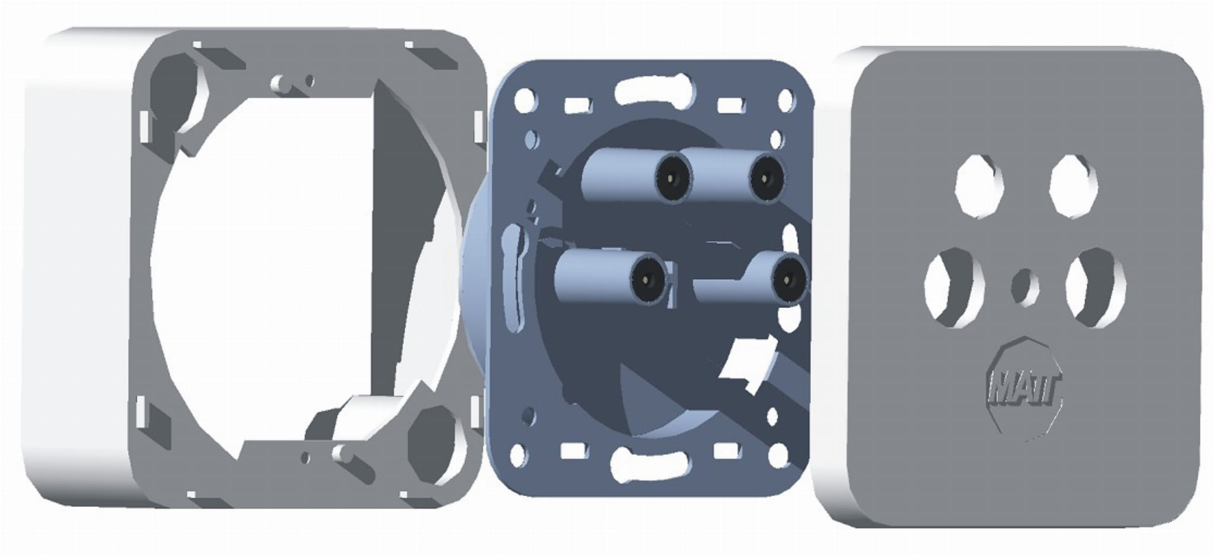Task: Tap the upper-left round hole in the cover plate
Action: [980, 184]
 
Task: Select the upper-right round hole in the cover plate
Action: [1073, 184]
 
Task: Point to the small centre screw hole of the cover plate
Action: [1025, 287]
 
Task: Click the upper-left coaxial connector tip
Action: [673, 177]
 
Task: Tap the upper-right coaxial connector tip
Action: [767, 178]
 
